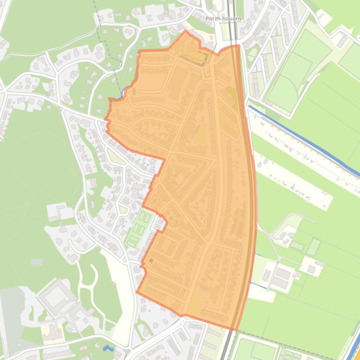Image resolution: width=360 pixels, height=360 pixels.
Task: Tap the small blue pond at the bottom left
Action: (108, 348)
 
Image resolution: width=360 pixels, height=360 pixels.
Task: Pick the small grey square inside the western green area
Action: (37, 262)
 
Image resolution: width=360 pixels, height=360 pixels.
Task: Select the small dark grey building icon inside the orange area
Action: (151, 260)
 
